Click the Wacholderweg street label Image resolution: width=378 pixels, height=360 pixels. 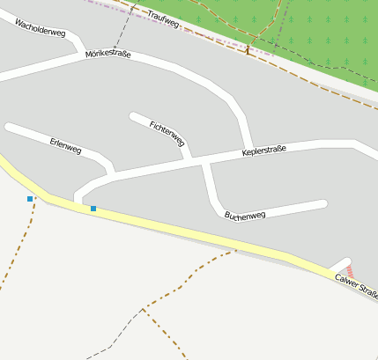coord(41,26)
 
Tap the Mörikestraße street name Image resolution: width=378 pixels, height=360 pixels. coord(108,55)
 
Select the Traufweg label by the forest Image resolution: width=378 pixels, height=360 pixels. coord(164,18)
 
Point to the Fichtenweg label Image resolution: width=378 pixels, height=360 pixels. coord(167,133)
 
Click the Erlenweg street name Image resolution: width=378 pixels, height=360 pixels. coord(65,145)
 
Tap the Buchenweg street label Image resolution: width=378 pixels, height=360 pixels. coord(245,215)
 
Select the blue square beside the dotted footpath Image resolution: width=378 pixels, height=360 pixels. coord(30,199)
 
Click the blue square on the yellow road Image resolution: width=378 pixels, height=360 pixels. coord(93,209)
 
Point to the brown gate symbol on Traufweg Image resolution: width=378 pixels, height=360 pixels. coord(248,51)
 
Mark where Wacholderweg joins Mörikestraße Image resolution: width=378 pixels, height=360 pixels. coord(83,53)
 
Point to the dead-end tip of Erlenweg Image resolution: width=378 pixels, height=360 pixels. coord(9,128)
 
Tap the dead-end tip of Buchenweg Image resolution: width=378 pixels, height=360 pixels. coord(323,204)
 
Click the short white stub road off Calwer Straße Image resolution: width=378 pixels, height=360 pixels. coord(339,264)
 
